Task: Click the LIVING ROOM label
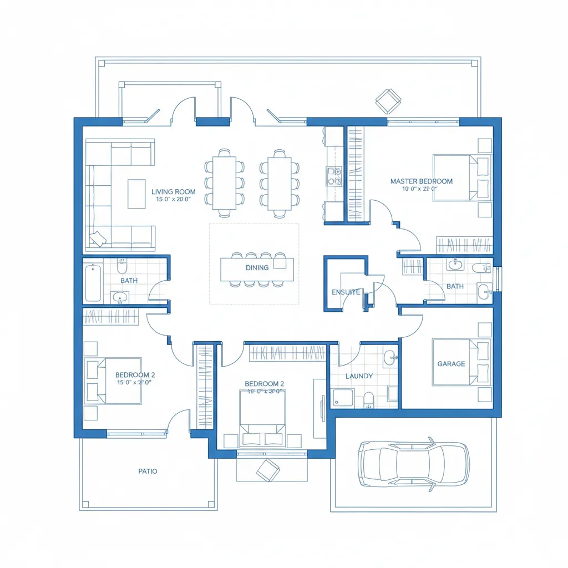174,192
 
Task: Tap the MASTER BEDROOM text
421,181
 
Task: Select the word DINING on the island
257,267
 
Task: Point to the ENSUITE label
346,292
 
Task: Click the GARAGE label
451,364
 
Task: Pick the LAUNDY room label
359,376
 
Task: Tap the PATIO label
148,471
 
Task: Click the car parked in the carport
413,463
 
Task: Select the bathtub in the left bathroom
93,282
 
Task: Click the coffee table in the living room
136,194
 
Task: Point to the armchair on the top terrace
388,101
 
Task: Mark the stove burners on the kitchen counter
334,176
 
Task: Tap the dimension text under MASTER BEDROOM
420,189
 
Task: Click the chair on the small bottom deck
268,470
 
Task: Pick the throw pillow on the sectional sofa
98,239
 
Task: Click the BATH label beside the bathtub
129,281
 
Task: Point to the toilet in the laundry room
368,399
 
